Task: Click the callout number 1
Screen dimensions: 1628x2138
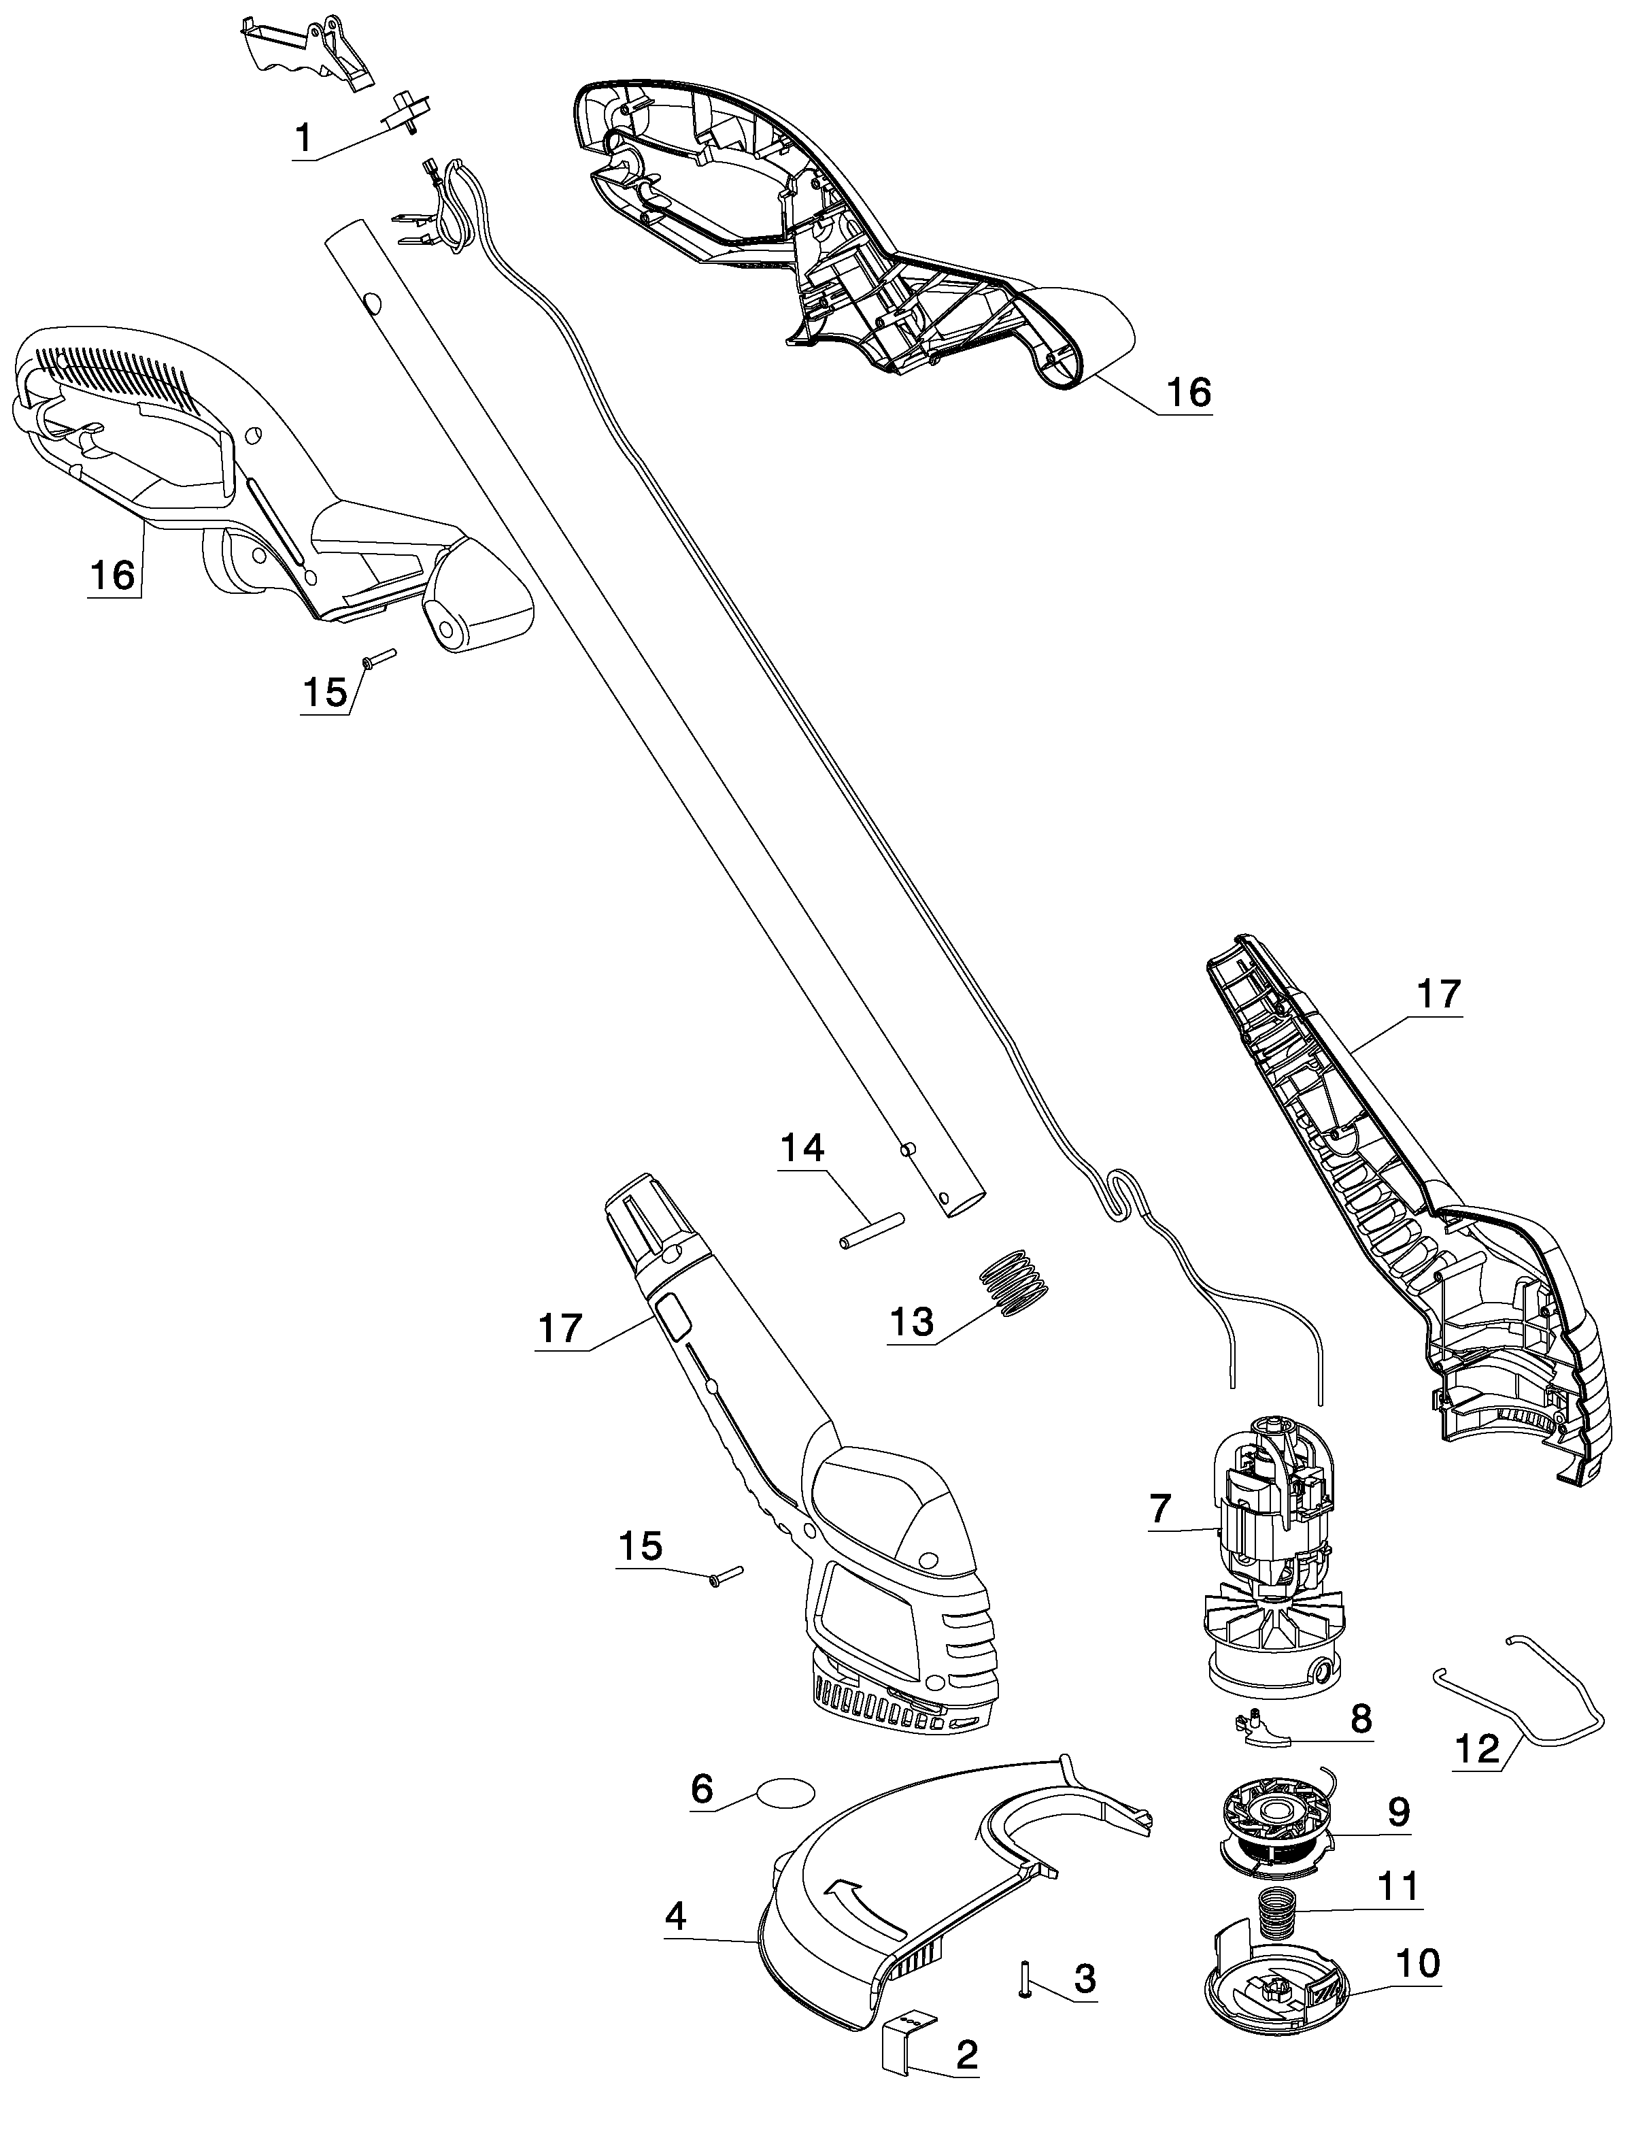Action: point(304,139)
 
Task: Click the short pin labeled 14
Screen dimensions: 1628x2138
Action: point(871,1229)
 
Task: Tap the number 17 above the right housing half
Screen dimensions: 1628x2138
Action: point(1438,995)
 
